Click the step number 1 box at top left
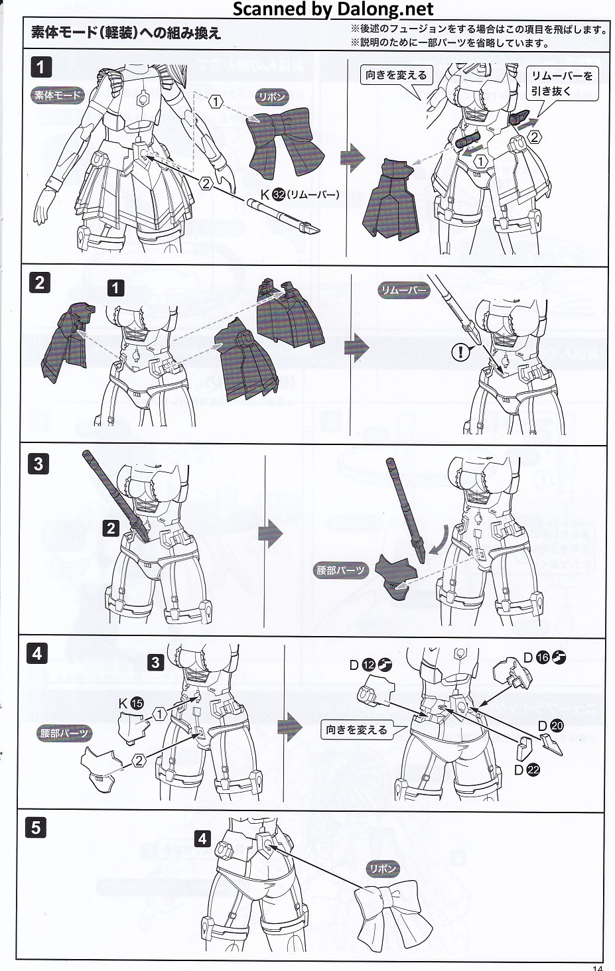click(x=40, y=68)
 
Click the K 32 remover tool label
click(x=300, y=195)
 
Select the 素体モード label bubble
click(x=57, y=95)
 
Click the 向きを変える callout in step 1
click(x=397, y=76)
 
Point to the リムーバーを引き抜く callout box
click(x=562, y=83)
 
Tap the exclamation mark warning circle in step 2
click(x=460, y=352)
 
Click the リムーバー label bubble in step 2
click(x=403, y=291)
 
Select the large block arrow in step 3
click(x=270, y=533)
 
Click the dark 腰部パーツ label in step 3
click(x=340, y=570)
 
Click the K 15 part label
click(x=131, y=704)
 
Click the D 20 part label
click(x=551, y=726)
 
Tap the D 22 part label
click(x=527, y=770)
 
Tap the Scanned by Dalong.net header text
click(x=333, y=9)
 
